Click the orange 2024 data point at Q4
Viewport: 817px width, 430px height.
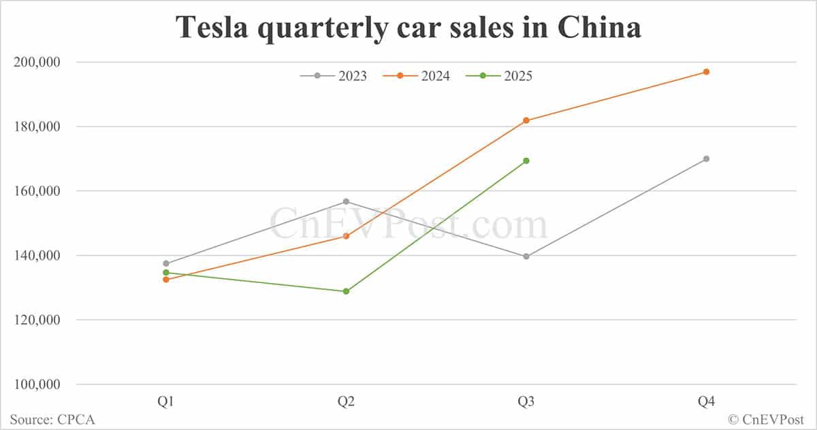pos(706,71)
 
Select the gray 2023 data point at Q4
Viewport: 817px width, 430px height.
pos(706,159)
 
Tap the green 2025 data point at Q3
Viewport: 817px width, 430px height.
pos(526,161)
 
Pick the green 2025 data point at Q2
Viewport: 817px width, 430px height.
pos(346,291)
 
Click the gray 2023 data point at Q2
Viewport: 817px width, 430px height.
pos(346,201)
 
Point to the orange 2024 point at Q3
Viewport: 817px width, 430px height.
pos(526,120)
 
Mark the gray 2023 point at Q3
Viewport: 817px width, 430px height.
pos(526,257)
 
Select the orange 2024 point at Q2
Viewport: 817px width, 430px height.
pos(346,236)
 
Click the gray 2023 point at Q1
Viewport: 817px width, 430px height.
pos(166,263)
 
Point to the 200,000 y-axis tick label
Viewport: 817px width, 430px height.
pos(37,62)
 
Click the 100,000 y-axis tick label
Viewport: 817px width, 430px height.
pos(37,384)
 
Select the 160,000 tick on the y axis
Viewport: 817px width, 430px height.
pos(37,191)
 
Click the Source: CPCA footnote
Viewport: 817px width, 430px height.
pos(52,420)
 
